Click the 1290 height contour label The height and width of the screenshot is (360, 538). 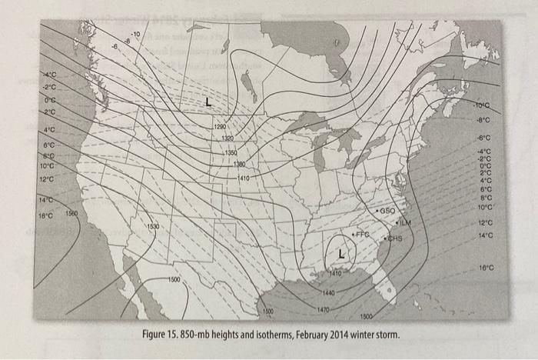click(221, 125)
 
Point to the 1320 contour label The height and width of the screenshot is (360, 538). click(228, 138)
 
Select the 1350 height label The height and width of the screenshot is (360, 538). click(233, 152)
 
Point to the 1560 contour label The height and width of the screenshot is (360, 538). click(71, 213)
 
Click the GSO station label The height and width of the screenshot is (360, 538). click(387, 210)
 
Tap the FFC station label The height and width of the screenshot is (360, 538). click(361, 232)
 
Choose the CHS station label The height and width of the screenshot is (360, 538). click(395, 239)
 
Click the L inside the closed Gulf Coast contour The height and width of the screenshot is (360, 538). click(342, 255)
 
